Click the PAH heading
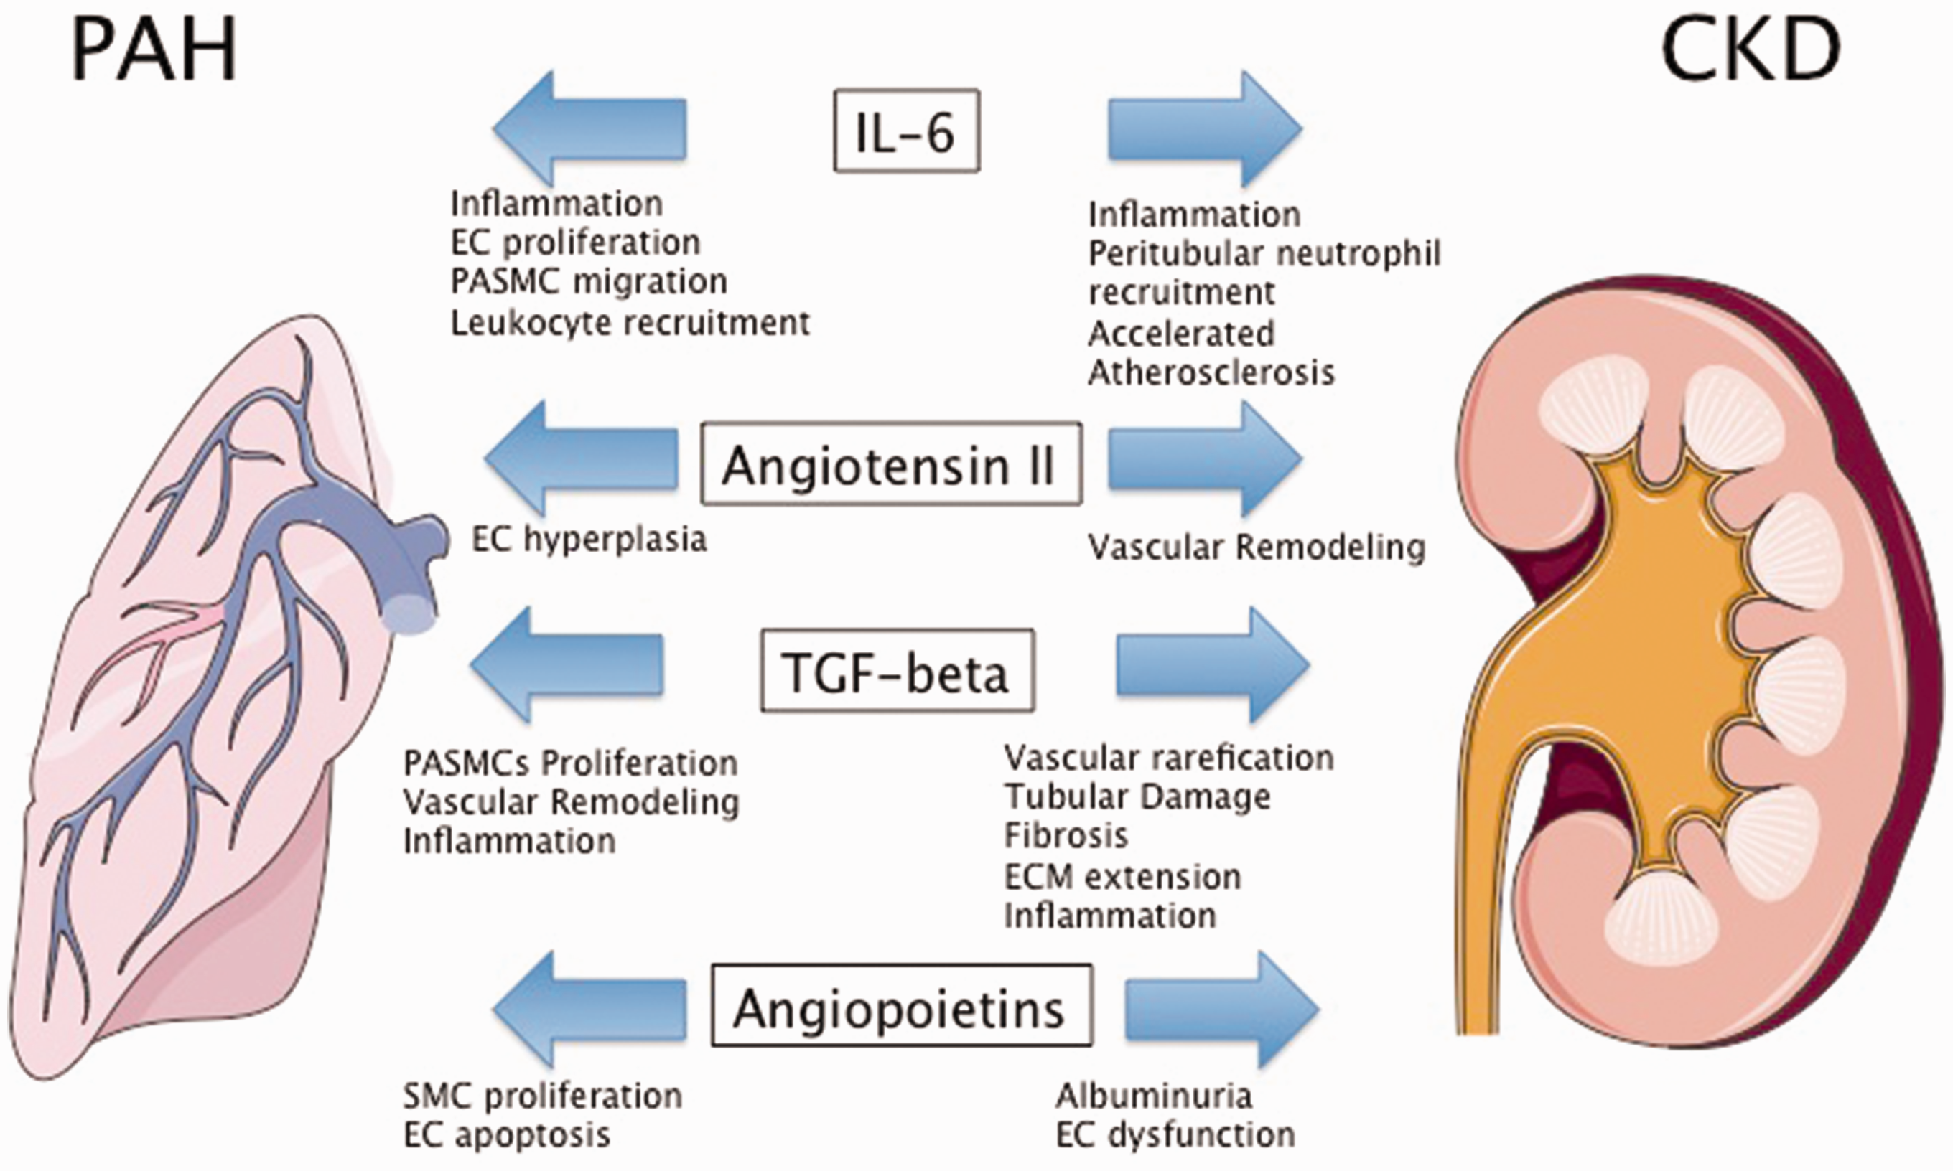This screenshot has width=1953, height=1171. point(154,50)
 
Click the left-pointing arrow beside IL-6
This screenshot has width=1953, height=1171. point(589,128)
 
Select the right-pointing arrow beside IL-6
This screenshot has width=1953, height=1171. point(1205,128)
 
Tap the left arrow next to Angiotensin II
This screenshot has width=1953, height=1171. point(581,458)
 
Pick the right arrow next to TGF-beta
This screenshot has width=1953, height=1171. point(1213,665)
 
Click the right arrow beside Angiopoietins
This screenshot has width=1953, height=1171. point(1222,1010)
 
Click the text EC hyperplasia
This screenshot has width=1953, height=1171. point(589,540)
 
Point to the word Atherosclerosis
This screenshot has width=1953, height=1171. point(1211,372)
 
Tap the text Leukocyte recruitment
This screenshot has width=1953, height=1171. point(630,322)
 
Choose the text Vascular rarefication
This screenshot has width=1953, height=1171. point(1168,758)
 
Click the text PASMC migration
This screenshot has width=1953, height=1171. point(589,282)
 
